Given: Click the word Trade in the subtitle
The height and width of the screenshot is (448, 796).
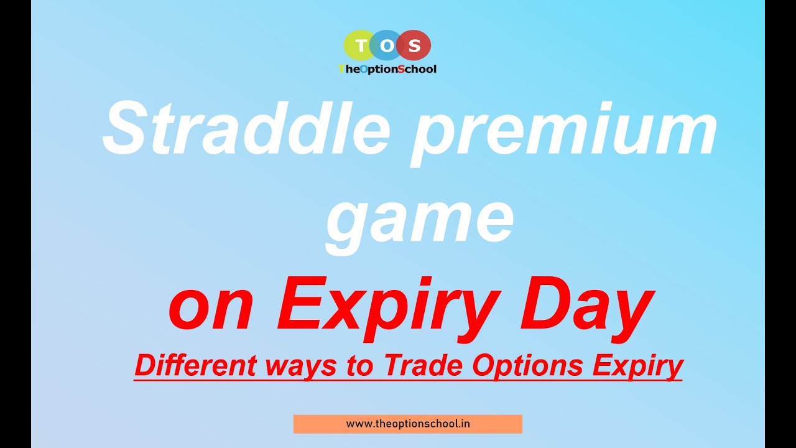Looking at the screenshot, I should pyautogui.click(x=425, y=366).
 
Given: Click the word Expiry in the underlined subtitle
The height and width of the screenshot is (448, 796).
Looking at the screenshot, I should pyautogui.click(x=637, y=366).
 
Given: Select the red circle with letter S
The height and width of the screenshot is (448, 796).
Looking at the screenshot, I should pyautogui.click(x=415, y=45).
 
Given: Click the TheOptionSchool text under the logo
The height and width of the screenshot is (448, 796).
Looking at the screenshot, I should pyautogui.click(x=387, y=69).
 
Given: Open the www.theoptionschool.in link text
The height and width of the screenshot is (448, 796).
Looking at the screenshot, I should pyautogui.click(x=408, y=424).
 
